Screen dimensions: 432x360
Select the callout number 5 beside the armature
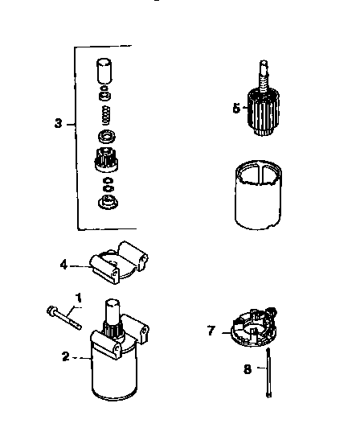pos(235,109)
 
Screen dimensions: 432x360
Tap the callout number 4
pos(63,262)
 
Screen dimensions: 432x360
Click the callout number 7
pos(211,330)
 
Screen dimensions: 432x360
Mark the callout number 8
pos(248,369)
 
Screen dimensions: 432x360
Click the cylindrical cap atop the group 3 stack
pos(104,72)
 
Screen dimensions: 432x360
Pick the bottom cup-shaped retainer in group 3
pos(104,201)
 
